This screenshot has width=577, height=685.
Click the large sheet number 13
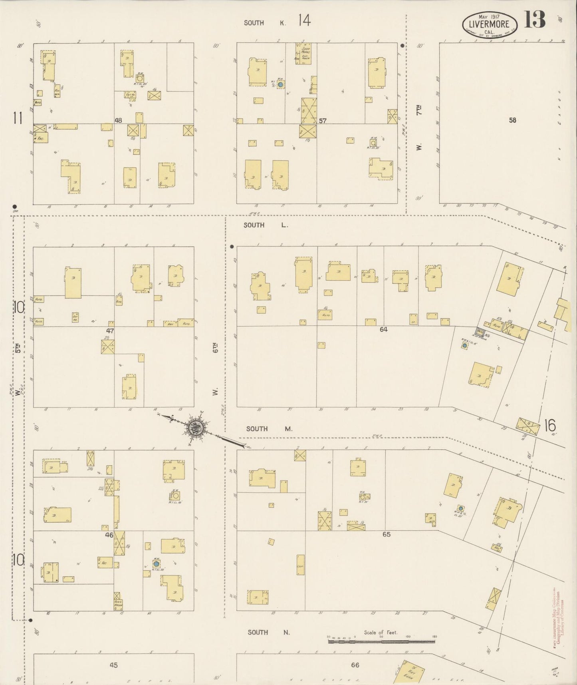pos(535,20)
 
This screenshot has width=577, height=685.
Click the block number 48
pos(118,120)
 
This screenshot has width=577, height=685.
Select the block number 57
pos(323,120)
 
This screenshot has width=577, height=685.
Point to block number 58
pos(512,119)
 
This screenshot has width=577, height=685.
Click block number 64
pos(384,329)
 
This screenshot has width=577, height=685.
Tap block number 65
pos(386,534)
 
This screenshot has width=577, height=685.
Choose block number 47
pos(110,331)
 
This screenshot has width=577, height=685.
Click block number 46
pos(109,535)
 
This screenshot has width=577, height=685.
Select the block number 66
pos(355,665)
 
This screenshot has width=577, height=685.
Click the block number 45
pos(114,665)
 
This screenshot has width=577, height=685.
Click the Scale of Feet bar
pos(381,641)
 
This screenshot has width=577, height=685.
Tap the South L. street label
pos(266,225)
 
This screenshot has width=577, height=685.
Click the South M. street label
pos(269,429)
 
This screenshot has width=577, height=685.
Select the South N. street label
pos(268,632)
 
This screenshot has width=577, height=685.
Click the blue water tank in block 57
pos(281,85)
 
